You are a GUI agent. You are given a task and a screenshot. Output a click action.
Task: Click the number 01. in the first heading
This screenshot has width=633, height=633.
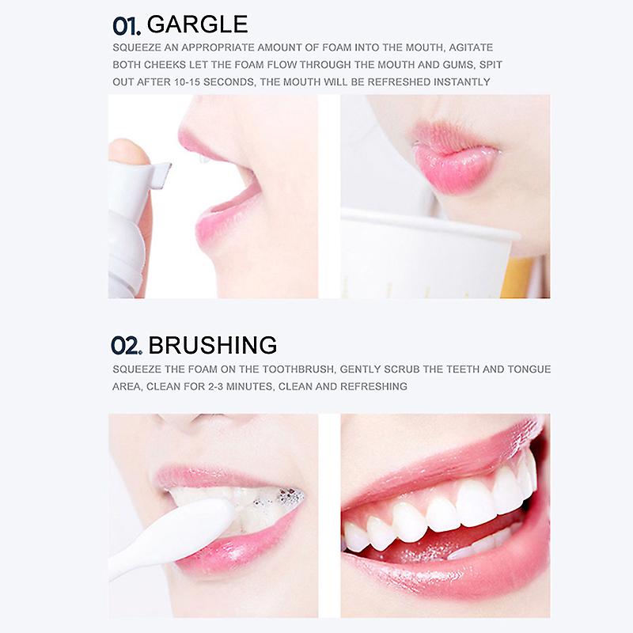tap(127, 26)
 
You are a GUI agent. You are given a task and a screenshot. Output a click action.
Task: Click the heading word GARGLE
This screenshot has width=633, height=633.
tap(197, 25)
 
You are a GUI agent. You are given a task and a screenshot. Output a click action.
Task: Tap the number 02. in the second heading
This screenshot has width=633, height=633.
tap(127, 346)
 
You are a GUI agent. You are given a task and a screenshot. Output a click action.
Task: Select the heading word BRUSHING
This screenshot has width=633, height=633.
tap(213, 345)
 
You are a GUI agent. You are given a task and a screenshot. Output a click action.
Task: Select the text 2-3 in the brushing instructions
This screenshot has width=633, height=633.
tap(215, 387)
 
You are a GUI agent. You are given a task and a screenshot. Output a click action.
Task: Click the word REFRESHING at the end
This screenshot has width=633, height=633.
tap(373, 387)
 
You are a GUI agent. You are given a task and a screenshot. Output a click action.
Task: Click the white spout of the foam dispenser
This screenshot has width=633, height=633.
tap(155, 174)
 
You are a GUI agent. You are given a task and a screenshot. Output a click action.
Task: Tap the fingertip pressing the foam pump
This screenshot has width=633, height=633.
tap(127, 151)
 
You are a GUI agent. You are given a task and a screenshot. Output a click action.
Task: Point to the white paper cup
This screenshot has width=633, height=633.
tap(424, 254)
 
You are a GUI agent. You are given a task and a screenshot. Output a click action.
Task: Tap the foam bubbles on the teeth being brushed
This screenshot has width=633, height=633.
tap(279, 498)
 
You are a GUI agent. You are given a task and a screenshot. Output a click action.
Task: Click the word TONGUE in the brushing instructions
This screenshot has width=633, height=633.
tap(529, 370)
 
